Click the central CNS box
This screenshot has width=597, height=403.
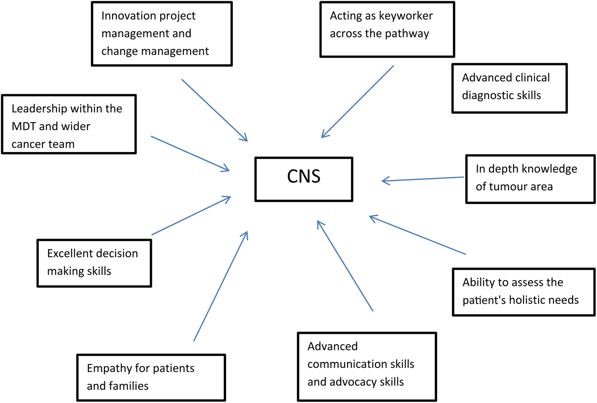click(304, 179)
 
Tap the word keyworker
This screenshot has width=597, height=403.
click(406, 16)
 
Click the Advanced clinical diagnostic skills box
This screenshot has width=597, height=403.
click(509, 88)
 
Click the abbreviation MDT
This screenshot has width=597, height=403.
click(24, 126)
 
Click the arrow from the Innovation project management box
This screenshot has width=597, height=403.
click(214, 110)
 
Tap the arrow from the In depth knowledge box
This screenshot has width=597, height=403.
click(423, 179)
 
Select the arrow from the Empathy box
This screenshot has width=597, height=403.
click(220, 286)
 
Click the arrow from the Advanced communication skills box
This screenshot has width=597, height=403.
click(345, 266)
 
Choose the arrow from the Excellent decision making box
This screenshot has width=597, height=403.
click(191, 216)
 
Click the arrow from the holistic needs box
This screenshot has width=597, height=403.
click(417, 235)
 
